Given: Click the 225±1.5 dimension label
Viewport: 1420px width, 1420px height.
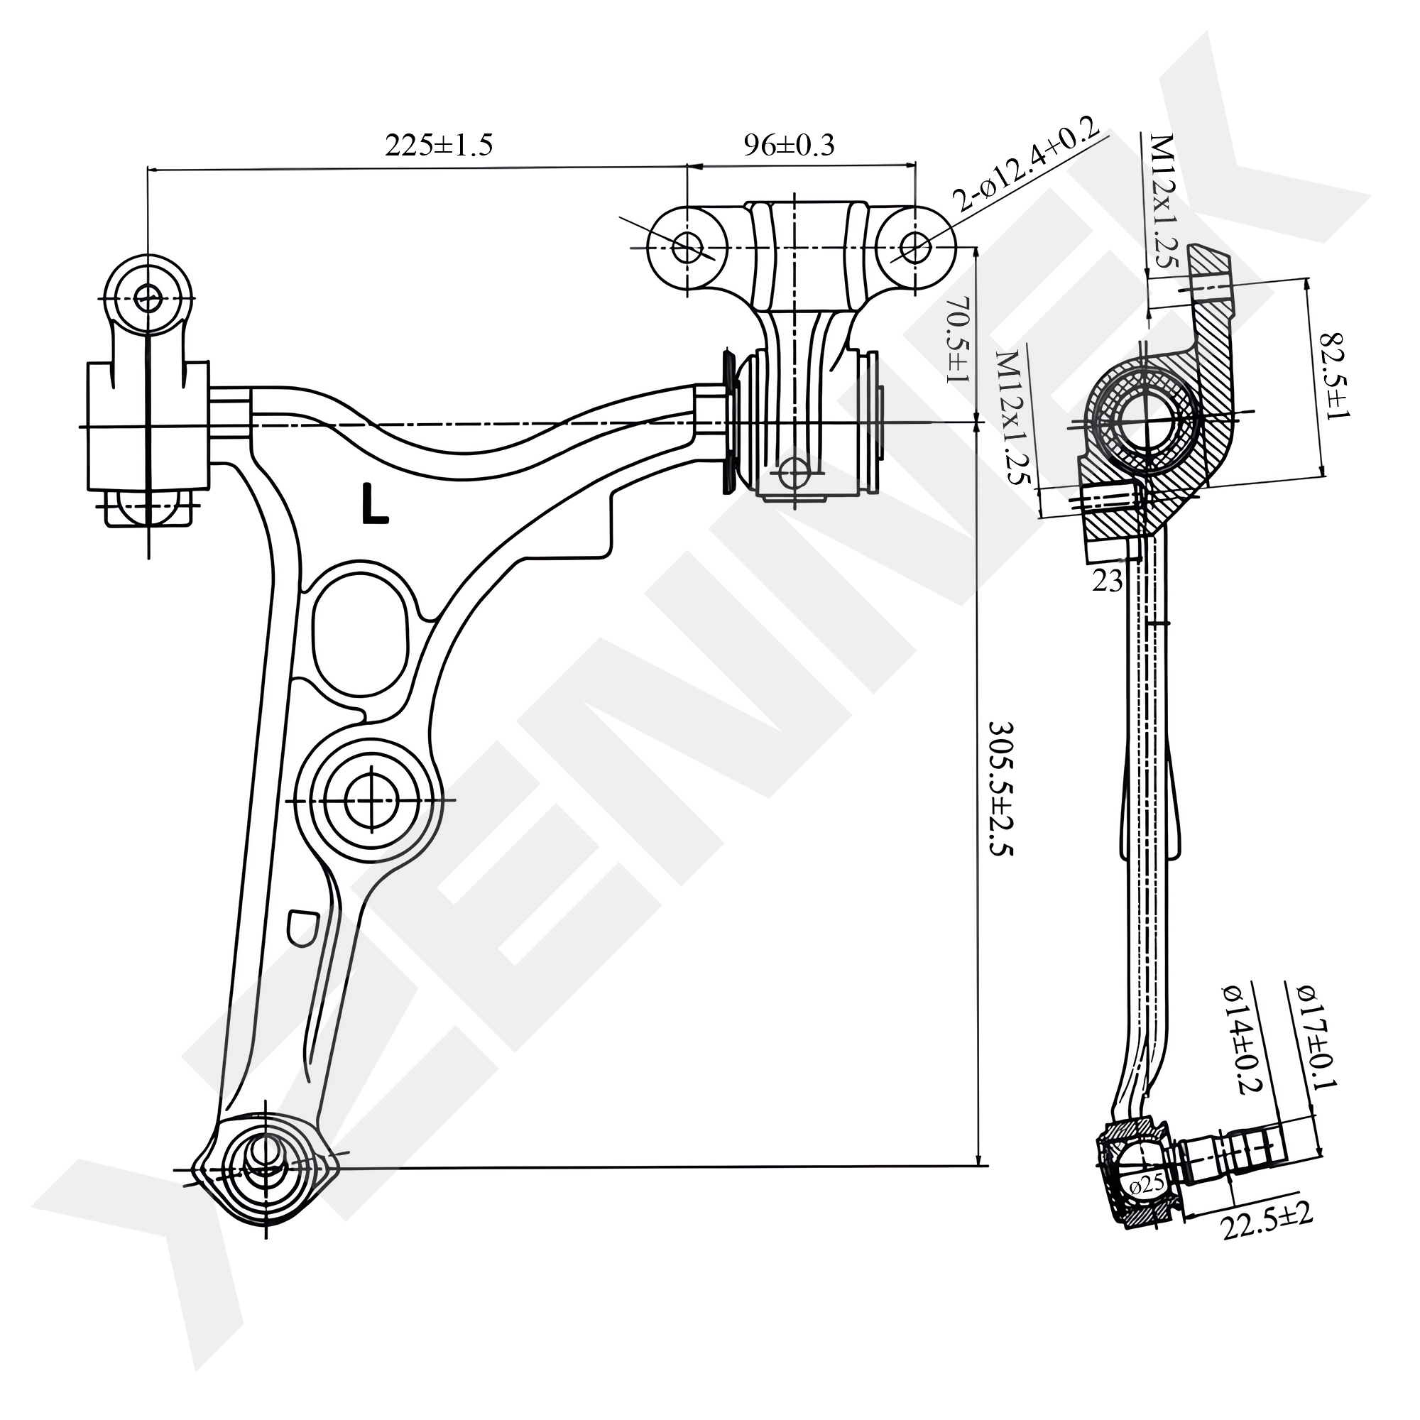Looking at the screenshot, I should (x=438, y=146).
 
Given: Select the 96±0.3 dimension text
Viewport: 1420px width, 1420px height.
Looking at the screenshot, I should (x=789, y=146).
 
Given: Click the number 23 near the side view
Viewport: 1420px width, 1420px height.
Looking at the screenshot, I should (x=1107, y=581).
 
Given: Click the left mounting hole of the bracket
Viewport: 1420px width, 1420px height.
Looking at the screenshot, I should (x=687, y=248).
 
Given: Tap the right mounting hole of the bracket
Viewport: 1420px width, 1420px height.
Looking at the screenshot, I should (x=914, y=247).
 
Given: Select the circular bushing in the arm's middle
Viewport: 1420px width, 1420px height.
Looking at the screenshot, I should (x=372, y=799).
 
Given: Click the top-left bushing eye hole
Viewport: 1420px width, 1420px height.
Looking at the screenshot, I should (x=149, y=298).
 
